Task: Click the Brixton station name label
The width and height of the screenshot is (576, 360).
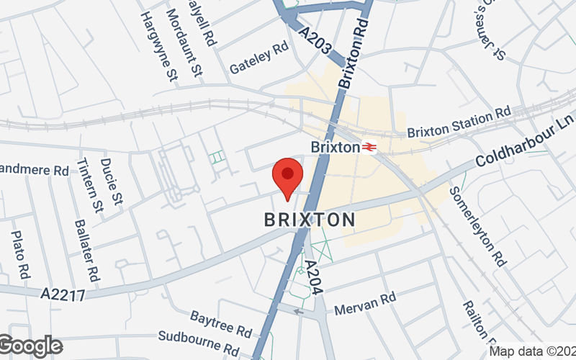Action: click(335, 147)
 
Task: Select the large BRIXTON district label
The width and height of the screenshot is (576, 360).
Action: click(310, 220)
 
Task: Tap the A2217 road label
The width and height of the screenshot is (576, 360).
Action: click(63, 294)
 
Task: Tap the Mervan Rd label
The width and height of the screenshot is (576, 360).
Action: click(366, 303)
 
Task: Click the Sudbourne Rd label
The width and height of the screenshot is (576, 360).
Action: click(199, 343)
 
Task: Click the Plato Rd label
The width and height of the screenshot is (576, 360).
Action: click(20, 255)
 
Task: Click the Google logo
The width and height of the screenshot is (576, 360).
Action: click(30, 346)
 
